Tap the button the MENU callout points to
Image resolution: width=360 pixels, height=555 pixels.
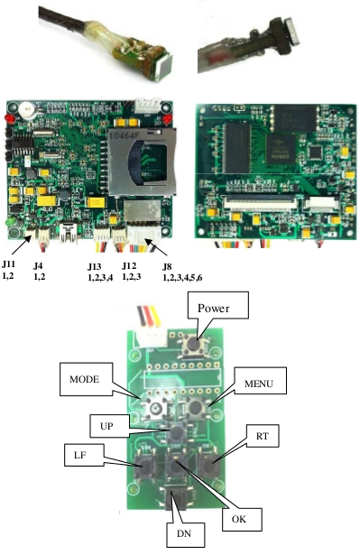click(193, 408)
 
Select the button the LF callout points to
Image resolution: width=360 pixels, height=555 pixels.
click(143, 467)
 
